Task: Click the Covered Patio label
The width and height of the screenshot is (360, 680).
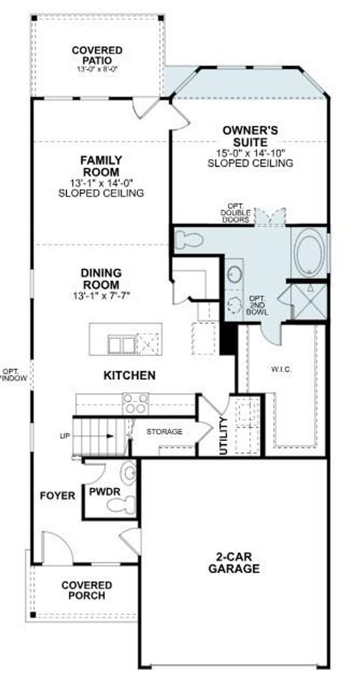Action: point(97,56)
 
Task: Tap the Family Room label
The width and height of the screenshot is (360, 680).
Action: point(100,166)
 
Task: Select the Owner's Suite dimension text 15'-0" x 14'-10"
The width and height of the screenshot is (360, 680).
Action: point(250,153)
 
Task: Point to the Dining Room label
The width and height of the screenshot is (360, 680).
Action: point(100,280)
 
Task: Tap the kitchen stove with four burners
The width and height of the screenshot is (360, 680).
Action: point(135,403)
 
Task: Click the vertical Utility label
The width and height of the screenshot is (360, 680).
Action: point(224,436)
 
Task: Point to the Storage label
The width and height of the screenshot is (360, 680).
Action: point(164,432)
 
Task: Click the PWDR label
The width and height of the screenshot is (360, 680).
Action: point(104,492)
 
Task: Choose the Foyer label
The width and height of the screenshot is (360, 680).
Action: point(57,495)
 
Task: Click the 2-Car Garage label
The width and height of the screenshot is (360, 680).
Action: point(234,562)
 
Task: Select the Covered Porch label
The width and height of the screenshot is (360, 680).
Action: point(86,590)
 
